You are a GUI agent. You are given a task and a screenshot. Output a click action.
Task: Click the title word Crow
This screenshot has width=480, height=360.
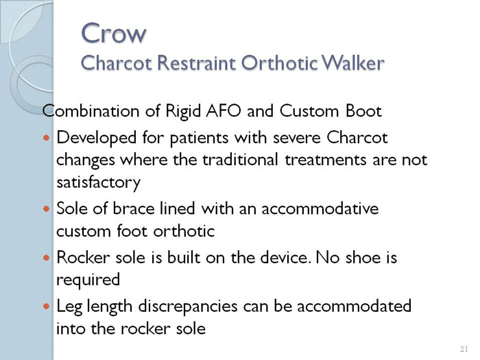114,33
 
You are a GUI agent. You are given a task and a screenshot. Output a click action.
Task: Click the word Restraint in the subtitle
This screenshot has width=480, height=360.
197,63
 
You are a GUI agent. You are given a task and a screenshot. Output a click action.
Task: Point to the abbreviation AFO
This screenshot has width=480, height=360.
224,111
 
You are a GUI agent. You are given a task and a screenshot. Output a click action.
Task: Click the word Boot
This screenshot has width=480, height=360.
363,111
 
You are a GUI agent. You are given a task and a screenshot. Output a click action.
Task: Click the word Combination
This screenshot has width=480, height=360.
91,111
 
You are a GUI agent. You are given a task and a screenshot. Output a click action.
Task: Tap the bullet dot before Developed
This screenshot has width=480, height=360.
46,138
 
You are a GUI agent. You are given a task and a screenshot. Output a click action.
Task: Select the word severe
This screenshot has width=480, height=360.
296,138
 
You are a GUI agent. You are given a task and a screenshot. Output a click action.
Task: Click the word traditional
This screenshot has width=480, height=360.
241,160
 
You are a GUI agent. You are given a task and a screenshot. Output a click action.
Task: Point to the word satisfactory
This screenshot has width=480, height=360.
99,182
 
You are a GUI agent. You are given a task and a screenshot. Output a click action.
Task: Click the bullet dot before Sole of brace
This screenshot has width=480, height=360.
46,208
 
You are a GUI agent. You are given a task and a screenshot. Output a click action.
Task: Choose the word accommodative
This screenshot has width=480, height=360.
320,208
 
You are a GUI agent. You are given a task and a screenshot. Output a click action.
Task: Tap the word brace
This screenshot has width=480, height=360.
134,208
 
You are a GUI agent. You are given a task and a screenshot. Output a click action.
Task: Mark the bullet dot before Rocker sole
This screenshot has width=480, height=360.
46,258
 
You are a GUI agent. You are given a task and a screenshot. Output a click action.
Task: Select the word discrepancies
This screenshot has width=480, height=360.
188,307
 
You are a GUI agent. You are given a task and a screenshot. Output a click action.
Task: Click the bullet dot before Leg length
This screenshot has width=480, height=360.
46,306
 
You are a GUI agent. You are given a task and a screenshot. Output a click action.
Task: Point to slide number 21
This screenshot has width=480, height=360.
464,349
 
